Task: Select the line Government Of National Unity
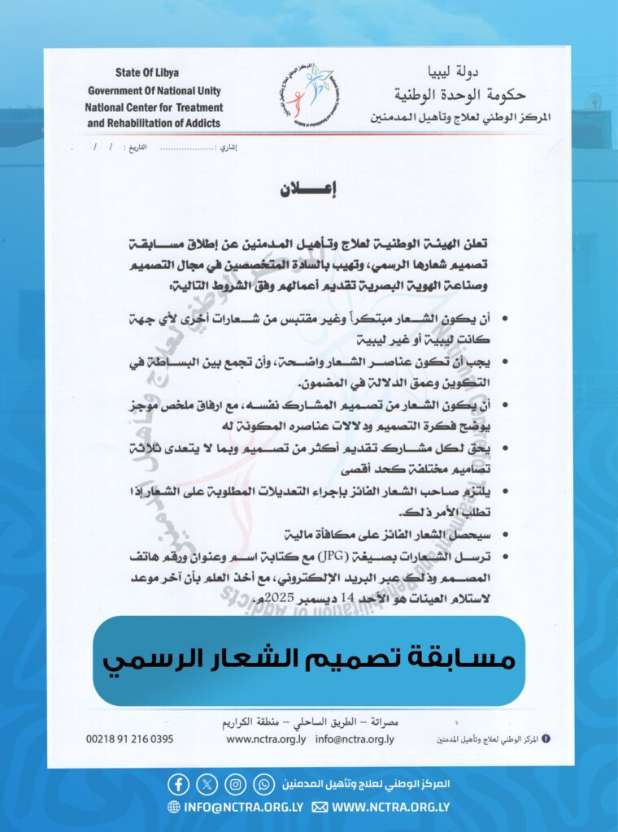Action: (x=154, y=90)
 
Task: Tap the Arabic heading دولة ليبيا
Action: (x=516, y=72)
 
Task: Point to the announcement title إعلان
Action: (x=308, y=189)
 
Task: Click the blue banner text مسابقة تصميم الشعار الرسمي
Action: (x=309, y=659)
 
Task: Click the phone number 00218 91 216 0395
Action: (x=129, y=739)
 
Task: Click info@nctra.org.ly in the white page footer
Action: (x=355, y=739)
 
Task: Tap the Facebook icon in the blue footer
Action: (x=179, y=784)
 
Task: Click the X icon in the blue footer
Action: (x=207, y=784)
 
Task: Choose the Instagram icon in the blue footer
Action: (x=236, y=784)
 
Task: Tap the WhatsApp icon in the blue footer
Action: (x=264, y=784)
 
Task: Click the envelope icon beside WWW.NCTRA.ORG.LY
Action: (x=320, y=807)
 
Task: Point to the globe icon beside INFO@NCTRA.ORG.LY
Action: (x=174, y=807)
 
